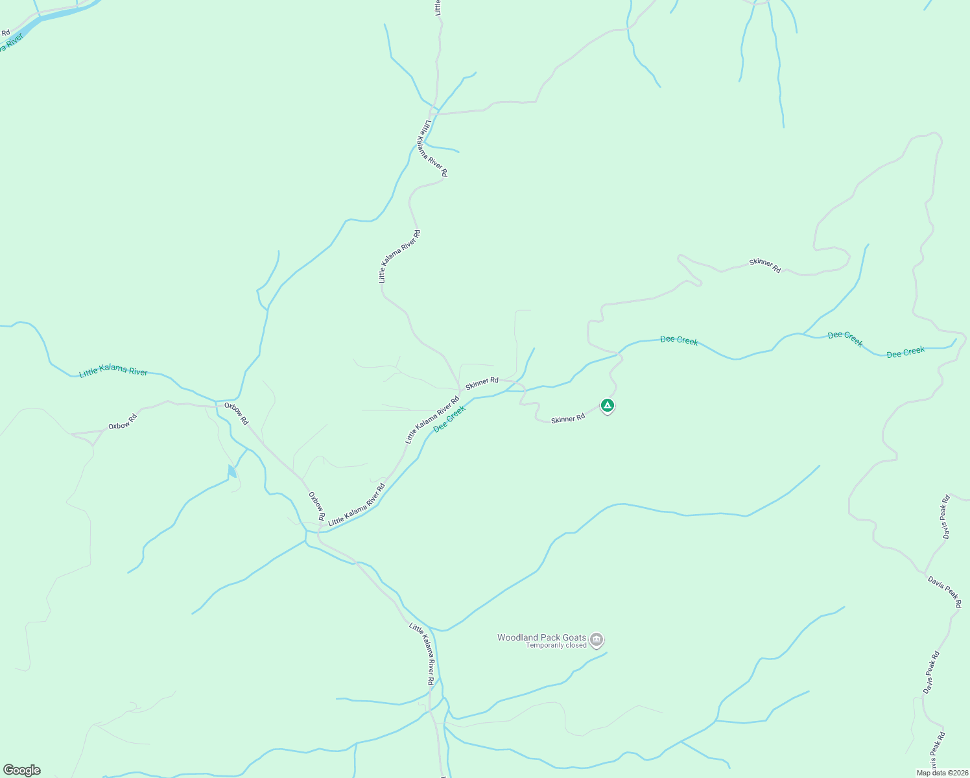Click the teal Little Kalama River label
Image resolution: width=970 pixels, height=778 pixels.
click(x=113, y=371)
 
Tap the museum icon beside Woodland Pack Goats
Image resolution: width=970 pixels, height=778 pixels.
click(x=597, y=641)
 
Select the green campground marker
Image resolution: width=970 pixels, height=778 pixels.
click(x=607, y=406)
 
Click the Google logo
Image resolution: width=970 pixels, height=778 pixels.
click(x=21, y=770)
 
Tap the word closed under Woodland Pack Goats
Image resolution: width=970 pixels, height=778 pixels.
click(x=576, y=646)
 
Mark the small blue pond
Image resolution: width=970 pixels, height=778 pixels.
click(x=231, y=471)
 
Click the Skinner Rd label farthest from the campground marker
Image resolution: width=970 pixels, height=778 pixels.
click(x=765, y=265)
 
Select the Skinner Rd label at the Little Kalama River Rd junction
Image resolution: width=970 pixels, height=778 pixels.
click(x=482, y=383)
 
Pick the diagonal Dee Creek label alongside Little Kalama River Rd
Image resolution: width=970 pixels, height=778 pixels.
click(x=449, y=419)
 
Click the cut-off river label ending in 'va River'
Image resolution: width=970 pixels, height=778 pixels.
click(x=12, y=45)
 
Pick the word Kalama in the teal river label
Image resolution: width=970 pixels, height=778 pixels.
click(x=113, y=370)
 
